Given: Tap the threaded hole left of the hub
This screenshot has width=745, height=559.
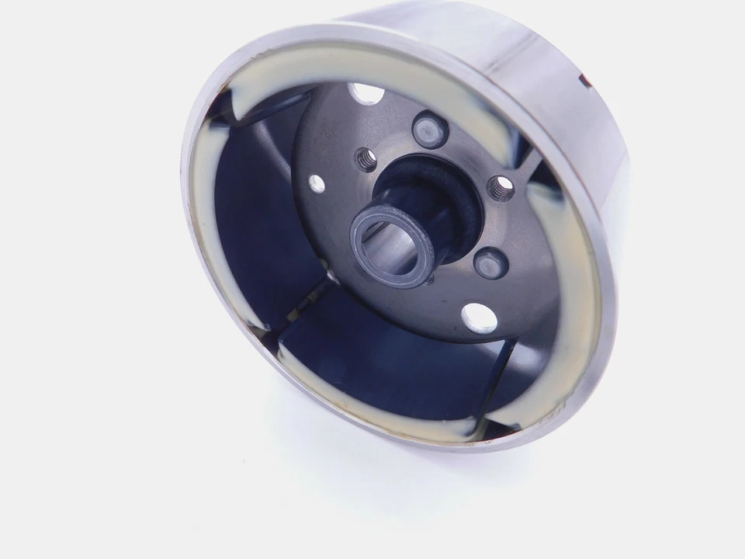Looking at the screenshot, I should tap(366, 160).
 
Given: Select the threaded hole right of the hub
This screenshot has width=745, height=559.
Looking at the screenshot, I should tap(501, 186).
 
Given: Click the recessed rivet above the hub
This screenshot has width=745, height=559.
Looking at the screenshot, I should tap(430, 129).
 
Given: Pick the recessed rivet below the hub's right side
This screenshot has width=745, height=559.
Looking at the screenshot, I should tap(490, 264).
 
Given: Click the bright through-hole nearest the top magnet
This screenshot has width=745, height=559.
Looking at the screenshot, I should tap(366, 95).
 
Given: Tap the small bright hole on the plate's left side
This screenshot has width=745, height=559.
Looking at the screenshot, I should tap(317, 184).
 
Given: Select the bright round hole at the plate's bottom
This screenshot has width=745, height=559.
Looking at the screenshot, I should tap(479, 318).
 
